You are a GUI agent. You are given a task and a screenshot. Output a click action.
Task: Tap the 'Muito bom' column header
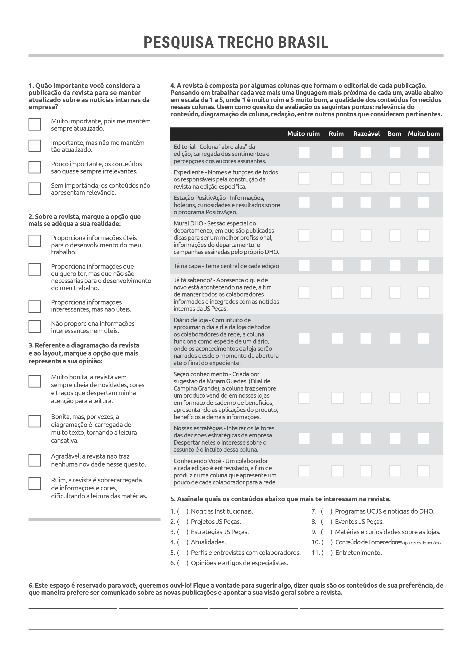click(423, 134)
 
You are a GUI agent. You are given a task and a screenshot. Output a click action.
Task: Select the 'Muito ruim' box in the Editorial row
click(304, 153)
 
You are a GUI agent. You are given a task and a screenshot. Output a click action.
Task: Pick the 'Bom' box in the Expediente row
click(395, 178)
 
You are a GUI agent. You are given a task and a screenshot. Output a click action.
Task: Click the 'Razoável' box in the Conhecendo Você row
click(366, 471)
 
